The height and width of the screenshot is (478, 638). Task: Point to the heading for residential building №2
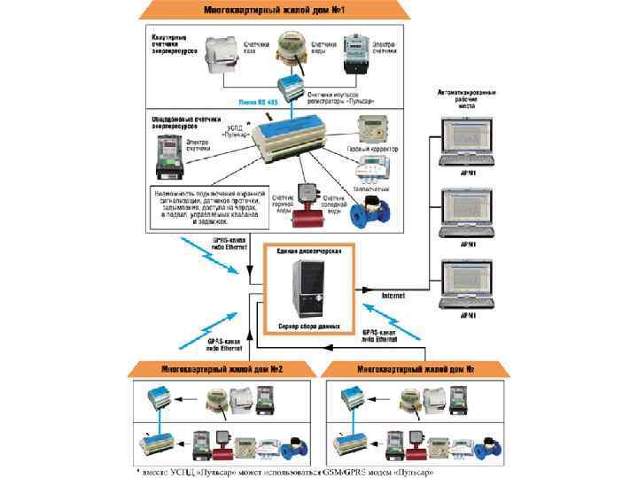222,368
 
